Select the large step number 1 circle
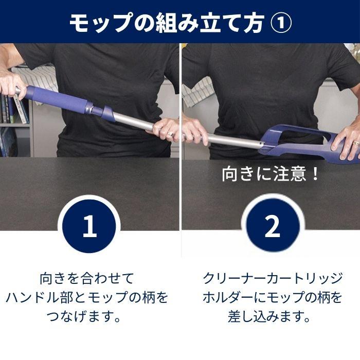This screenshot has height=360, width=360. [89, 226]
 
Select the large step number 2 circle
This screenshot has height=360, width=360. [272, 226]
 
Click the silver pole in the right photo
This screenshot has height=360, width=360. [231, 139]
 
